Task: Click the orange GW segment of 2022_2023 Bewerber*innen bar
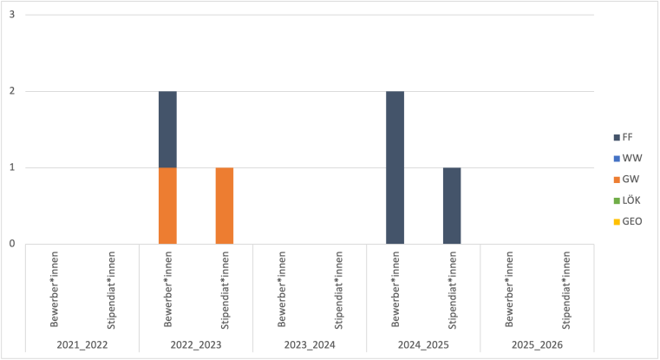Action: click(x=167, y=205)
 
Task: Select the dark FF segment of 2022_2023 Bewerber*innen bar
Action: click(x=167, y=129)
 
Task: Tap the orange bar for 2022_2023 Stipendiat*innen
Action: click(x=225, y=205)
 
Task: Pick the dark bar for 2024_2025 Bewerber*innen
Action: click(x=395, y=167)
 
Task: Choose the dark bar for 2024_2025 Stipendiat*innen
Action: click(x=452, y=205)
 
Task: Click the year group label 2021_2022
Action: click(x=82, y=344)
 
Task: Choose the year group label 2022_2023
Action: click(x=196, y=344)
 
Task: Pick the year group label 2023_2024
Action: click(x=310, y=344)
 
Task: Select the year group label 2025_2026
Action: click(x=537, y=344)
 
